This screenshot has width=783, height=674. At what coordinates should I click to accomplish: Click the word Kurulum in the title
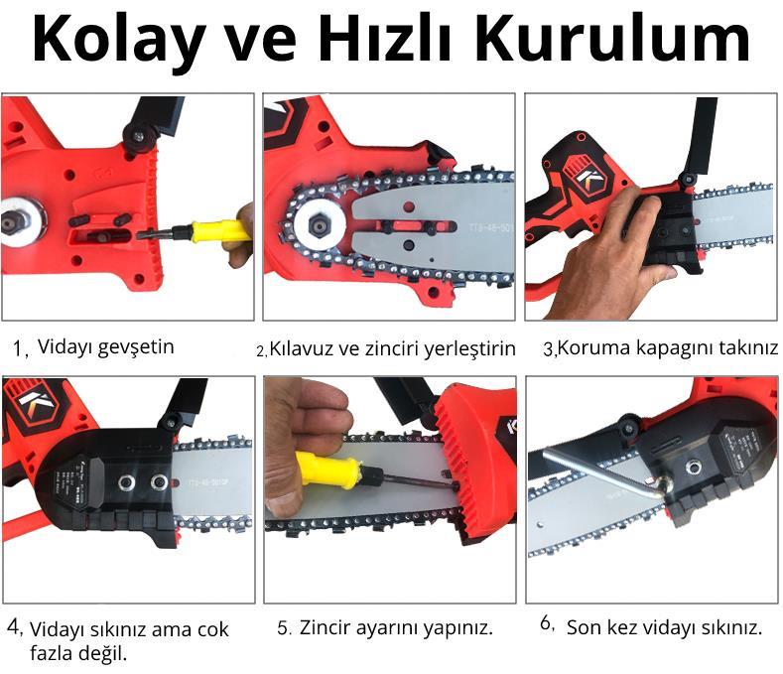[x=612, y=39]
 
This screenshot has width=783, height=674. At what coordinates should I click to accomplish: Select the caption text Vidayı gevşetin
[x=106, y=346]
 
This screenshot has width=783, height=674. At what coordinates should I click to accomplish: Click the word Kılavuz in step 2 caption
[x=302, y=348]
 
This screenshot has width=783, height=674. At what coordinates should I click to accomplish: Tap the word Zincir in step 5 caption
[x=325, y=627]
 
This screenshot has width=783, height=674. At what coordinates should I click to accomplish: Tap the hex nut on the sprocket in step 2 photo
[x=318, y=224]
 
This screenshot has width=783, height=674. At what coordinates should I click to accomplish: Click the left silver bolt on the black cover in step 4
[x=125, y=482]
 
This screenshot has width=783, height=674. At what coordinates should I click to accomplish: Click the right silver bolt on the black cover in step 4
[x=160, y=482]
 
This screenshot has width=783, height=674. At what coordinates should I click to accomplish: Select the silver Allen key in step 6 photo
[x=609, y=472]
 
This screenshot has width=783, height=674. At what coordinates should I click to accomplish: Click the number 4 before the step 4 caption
[x=15, y=626]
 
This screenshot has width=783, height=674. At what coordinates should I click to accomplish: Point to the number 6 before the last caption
[x=547, y=623]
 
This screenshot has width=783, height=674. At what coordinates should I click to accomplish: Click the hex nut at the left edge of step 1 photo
[x=11, y=222]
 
